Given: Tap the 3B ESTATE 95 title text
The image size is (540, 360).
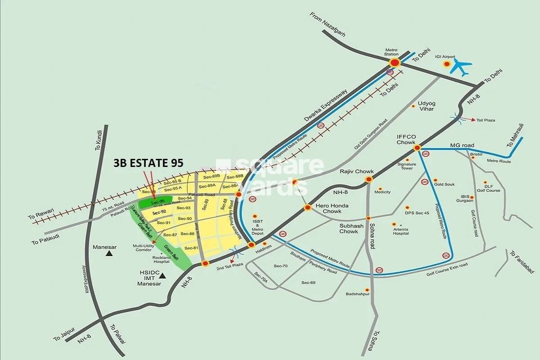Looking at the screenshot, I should click(148, 163).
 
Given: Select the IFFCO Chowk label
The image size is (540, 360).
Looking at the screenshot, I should click(405, 139).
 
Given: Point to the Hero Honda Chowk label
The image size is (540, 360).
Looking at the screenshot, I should click(328, 208).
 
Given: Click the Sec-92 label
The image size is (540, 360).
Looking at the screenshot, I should click(159, 211).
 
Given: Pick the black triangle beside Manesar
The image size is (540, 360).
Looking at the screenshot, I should click(109, 254).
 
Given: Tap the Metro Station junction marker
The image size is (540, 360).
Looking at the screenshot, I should click(395, 63).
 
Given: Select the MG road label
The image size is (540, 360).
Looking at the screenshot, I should click(462, 145).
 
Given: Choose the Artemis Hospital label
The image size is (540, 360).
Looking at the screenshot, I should click(400, 231).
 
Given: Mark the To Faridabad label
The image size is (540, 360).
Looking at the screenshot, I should click(522, 262).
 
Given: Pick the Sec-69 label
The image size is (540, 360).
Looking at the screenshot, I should click(308, 282).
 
